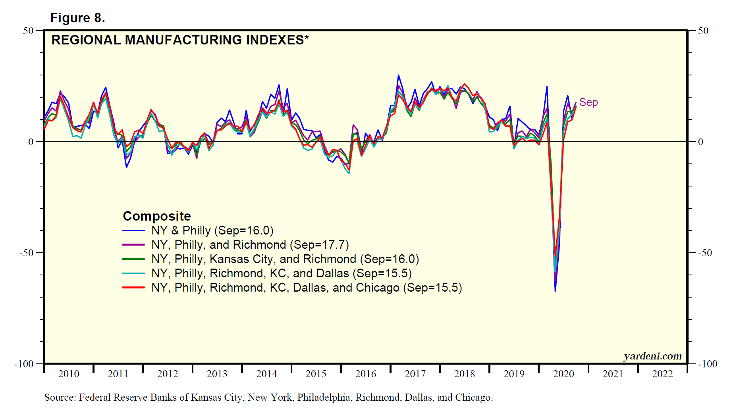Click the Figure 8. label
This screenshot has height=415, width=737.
(x=77, y=18)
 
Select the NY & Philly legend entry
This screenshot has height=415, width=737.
(x=212, y=231)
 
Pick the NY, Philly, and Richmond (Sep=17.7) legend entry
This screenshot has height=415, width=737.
(x=250, y=245)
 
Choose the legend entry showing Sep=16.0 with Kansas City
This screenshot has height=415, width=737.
(x=285, y=259)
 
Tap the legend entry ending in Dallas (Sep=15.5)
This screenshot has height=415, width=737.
(x=281, y=273)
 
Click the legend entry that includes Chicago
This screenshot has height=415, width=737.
(x=307, y=288)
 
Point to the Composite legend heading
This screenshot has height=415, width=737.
(x=157, y=216)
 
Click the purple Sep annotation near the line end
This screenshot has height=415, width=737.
(x=588, y=102)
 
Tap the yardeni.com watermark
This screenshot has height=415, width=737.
(x=652, y=356)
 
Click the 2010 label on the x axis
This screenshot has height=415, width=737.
(x=69, y=374)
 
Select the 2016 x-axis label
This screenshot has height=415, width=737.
(x=365, y=374)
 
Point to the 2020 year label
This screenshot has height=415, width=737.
(x=563, y=374)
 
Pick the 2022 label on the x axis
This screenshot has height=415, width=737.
(x=662, y=374)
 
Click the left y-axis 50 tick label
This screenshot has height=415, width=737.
(x=28, y=31)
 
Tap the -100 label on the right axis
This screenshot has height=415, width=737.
(x=707, y=364)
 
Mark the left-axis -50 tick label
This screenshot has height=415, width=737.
(x=26, y=253)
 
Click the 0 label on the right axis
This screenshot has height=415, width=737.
(x=701, y=142)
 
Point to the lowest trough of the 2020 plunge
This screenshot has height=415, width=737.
(x=555, y=291)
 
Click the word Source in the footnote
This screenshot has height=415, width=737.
(x=60, y=398)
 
